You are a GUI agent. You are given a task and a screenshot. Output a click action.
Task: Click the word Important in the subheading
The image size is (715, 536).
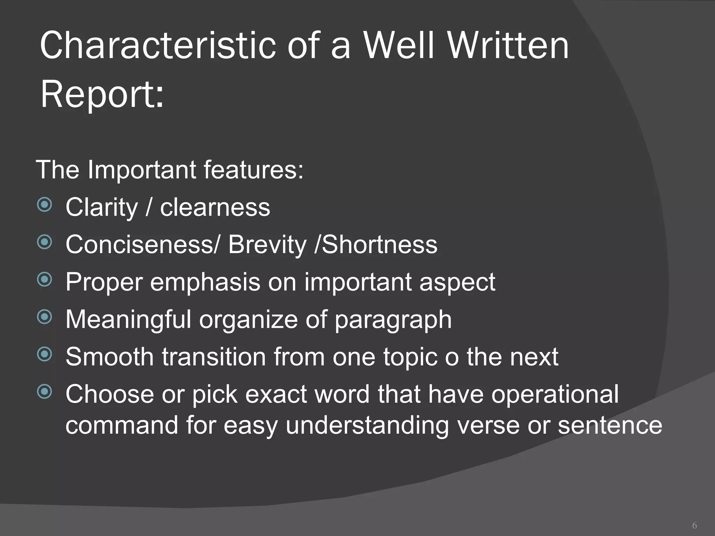(142, 170)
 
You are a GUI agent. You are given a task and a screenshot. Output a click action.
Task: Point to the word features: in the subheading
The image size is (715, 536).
(253, 170)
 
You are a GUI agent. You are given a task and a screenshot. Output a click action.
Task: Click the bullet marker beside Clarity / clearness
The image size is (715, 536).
(44, 205)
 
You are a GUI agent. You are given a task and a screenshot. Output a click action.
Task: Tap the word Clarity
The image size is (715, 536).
(102, 208)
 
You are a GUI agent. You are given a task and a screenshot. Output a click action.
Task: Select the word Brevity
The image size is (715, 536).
(267, 245)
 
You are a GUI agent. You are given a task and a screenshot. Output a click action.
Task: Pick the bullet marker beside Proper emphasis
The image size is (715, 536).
(44, 280)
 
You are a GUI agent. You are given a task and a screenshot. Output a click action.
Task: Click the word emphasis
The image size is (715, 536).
(205, 282)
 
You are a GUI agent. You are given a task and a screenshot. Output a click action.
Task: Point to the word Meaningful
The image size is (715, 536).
(128, 319)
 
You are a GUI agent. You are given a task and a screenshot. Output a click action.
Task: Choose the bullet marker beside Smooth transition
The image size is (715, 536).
(44, 355)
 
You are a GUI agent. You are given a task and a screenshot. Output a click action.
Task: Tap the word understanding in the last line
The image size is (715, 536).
(367, 426)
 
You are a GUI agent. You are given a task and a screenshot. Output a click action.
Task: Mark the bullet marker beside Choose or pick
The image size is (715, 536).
(44, 392)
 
